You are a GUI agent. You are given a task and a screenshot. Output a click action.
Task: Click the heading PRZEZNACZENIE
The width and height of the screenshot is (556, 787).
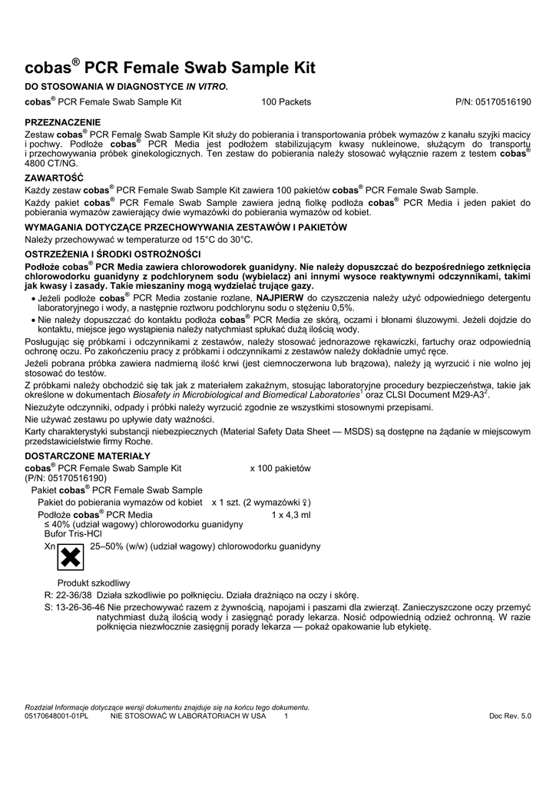click(x=64, y=121)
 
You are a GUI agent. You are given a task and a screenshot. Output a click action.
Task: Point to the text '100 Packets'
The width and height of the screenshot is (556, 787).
click(x=286, y=101)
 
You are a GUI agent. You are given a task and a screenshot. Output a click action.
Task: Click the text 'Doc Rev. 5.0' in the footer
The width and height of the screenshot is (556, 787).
click(x=509, y=716)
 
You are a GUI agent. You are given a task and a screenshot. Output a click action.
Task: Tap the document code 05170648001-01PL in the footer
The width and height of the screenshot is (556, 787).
click(x=58, y=716)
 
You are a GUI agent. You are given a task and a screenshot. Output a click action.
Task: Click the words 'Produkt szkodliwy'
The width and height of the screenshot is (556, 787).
click(x=94, y=583)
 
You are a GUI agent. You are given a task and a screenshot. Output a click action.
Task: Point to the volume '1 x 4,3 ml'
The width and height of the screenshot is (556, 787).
click(x=291, y=515)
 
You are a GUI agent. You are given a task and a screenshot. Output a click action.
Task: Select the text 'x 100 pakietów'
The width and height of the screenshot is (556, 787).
click(x=280, y=467)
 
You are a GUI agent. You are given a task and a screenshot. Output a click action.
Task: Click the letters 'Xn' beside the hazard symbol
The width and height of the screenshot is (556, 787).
click(x=50, y=546)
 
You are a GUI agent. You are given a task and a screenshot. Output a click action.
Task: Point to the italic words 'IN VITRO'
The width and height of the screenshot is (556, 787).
click(x=206, y=86)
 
